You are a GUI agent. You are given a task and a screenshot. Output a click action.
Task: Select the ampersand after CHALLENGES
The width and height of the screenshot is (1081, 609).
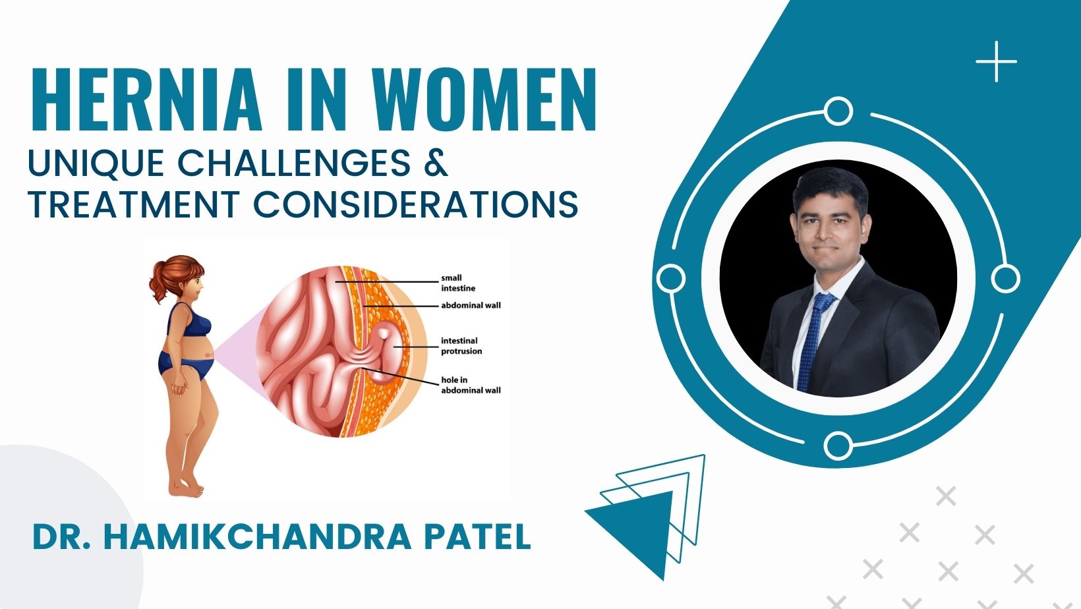(436, 163)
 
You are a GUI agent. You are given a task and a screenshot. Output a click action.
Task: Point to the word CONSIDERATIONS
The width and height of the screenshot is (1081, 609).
(416, 204)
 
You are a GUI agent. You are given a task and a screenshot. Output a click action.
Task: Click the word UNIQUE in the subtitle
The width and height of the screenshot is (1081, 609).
(96, 163)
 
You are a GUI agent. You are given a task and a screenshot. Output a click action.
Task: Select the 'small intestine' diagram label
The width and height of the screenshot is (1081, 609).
(457, 283)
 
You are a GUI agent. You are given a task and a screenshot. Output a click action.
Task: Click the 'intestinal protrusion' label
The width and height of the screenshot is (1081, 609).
(461, 346)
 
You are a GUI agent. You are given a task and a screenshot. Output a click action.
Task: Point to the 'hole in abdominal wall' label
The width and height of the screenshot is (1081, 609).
(470, 385)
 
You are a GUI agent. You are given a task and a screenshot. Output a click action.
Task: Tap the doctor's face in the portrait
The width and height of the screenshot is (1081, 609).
(827, 224)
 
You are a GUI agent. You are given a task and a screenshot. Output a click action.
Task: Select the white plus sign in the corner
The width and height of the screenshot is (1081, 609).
(996, 61)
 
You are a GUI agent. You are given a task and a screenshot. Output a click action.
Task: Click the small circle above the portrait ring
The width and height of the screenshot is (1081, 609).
(838, 111)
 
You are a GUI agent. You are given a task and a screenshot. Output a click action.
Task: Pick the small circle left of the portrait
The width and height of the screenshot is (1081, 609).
(671, 278)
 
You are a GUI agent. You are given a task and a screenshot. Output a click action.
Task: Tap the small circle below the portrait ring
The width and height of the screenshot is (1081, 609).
(837, 446)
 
